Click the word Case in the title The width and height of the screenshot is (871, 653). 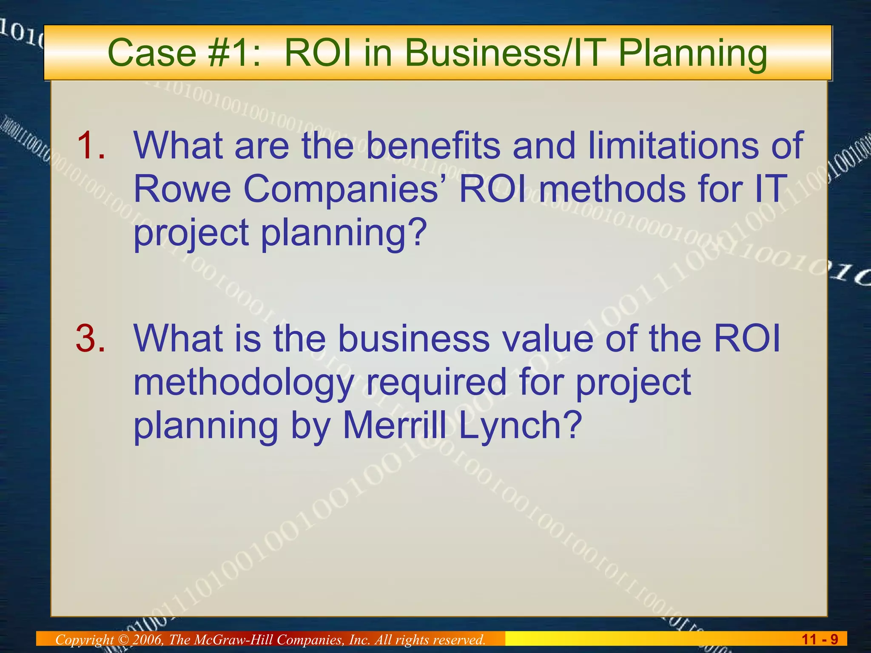click(151, 53)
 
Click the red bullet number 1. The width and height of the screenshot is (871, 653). click(91, 145)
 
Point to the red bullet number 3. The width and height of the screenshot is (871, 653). click(91, 338)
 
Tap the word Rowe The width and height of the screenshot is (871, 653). click(182, 189)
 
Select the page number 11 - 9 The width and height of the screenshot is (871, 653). click(820, 639)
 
